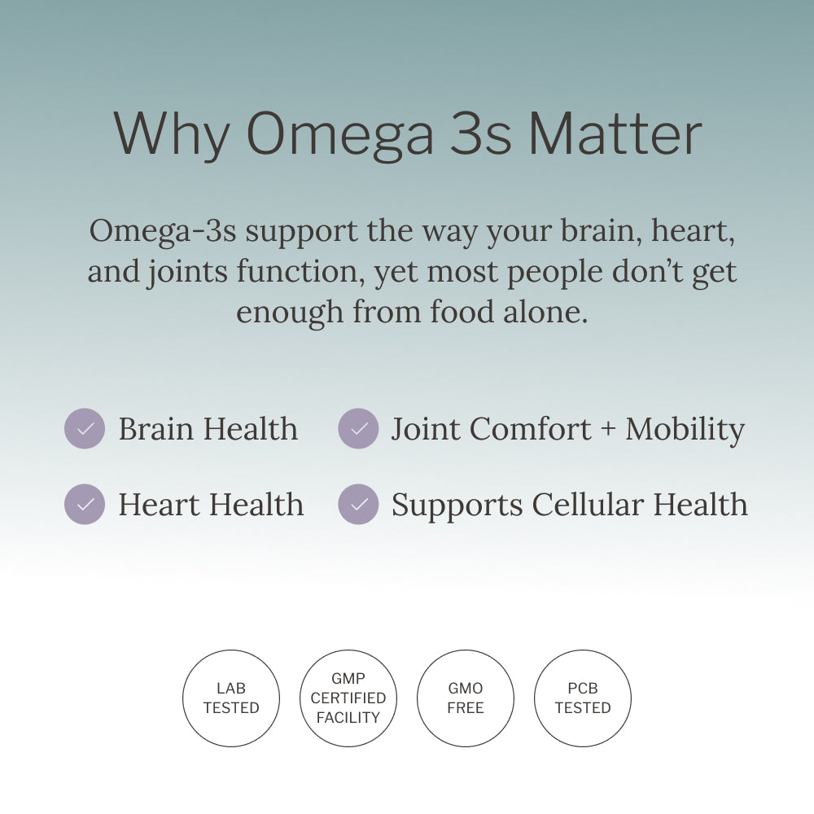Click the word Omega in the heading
click(x=340, y=134)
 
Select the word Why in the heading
click(x=172, y=134)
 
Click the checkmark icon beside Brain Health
click(x=85, y=429)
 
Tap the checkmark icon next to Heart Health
click(x=85, y=505)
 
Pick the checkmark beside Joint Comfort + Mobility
click(x=358, y=429)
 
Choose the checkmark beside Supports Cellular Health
click(x=358, y=505)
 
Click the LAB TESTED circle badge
click(x=231, y=698)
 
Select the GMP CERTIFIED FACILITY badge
click(x=348, y=698)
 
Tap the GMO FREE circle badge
click(x=466, y=698)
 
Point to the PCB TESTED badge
click(x=583, y=698)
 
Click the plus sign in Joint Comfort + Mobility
click(x=608, y=430)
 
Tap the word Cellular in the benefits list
click(x=588, y=505)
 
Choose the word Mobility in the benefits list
click(x=685, y=429)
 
